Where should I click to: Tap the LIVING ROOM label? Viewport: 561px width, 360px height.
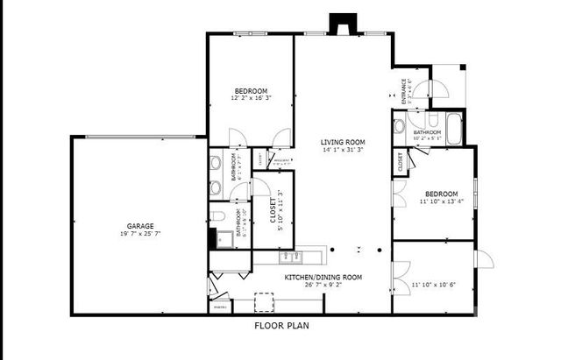click(x=342, y=142)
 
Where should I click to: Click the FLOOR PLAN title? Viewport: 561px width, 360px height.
click(x=281, y=325)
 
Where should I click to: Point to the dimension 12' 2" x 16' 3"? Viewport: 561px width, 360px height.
click(x=250, y=99)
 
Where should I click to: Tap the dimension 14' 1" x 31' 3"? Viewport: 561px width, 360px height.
click(x=342, y=150)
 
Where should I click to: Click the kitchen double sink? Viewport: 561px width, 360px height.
click(x=292, y=257)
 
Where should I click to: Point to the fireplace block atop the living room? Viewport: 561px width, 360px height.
click(x=337, y=25)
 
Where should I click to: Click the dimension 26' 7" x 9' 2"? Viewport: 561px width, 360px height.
click(x=323, y=284)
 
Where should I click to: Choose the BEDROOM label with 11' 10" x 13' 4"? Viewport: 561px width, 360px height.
click(x=441, y=194)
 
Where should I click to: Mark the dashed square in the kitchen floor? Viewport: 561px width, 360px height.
click(x=264, y=301)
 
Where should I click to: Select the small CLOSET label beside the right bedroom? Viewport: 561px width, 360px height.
click(x=400, y=161)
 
